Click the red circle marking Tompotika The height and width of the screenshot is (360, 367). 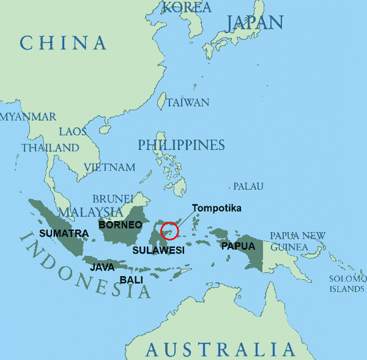(169, 231)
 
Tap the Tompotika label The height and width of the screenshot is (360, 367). (217, 208)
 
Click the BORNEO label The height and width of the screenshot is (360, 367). (120, 225)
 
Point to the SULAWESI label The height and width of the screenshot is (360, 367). (158, 250)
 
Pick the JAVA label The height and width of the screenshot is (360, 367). (102, 267)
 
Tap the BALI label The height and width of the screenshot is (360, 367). (132, 280)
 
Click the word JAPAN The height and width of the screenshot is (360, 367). (254, 23)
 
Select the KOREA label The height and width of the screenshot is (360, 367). (187, 7)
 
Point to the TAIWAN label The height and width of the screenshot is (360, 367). (188, 102)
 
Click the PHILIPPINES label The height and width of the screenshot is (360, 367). (181, 145)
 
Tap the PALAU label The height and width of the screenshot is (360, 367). (248, 186)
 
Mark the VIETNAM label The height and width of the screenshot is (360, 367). (109, 167)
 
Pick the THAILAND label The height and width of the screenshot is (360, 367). (50, 148)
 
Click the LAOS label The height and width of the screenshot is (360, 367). (73, 132)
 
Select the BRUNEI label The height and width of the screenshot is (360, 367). (113, 198)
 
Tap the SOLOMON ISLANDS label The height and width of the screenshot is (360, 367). (347, 283)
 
